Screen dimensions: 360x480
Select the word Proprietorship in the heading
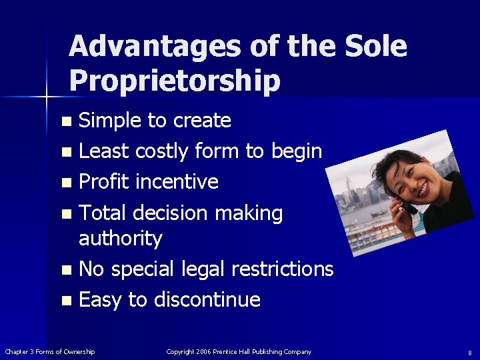tap(174, 81)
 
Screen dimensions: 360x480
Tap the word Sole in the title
tap(375, 47)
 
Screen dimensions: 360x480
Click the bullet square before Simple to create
tap(65, 122)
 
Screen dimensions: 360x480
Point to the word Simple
tap(110, 121)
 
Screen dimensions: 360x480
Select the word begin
tap(296, 152)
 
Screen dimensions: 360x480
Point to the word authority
tap(121, 238)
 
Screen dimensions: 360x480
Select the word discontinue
tap(207, 300)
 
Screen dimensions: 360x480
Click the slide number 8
tap(469, 353)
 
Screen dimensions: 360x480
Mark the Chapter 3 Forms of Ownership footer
tap(50, 351)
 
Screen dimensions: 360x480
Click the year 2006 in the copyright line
tap(203, 351)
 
